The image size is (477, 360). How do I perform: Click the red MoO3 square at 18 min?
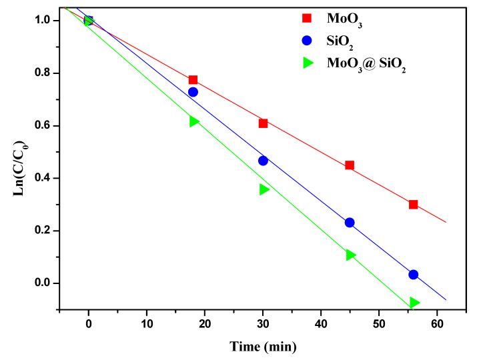point(193,80)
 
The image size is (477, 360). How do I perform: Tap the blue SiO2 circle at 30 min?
point(263,161)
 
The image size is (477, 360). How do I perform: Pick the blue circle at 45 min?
point(350,223)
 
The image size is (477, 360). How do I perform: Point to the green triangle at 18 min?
point(194,121)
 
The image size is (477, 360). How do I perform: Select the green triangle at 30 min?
point(264,189)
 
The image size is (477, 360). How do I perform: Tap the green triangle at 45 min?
point(351,255)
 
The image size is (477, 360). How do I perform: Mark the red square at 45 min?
point(350,165)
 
